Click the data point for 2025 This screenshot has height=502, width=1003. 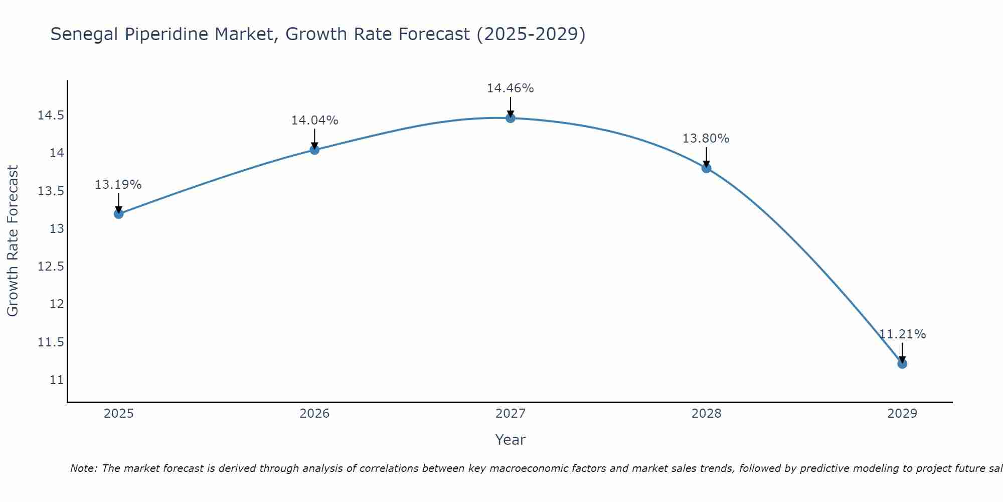[x=118, y=214]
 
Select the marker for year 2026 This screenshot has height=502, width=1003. [x=314, y=150]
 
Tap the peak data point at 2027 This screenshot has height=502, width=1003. [x=511, y=118]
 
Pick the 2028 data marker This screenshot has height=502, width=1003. [x=706, y=168]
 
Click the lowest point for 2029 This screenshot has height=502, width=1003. [x=902, y=363]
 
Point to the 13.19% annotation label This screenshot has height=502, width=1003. [x=118, y=185]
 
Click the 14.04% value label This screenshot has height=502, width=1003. [x=314, y=120]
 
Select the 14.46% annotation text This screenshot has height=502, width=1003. [x=511, y=88]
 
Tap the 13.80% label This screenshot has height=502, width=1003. [x=706, y=139]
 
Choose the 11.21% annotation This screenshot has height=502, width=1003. [x=902, y=334]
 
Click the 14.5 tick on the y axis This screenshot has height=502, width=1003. [x=51, y=115]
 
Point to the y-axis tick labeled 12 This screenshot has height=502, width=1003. [x=57, y=304]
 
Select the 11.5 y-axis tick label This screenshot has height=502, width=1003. [x=51, y=342]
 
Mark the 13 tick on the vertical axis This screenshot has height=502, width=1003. [x=57, y=229]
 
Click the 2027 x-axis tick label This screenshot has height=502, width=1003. [x=511, y=414]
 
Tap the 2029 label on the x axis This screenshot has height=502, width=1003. [x=902, y=414]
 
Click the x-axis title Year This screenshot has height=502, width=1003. [x=511, y=440]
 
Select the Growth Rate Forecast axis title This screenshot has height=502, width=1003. [x=13, y=241]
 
